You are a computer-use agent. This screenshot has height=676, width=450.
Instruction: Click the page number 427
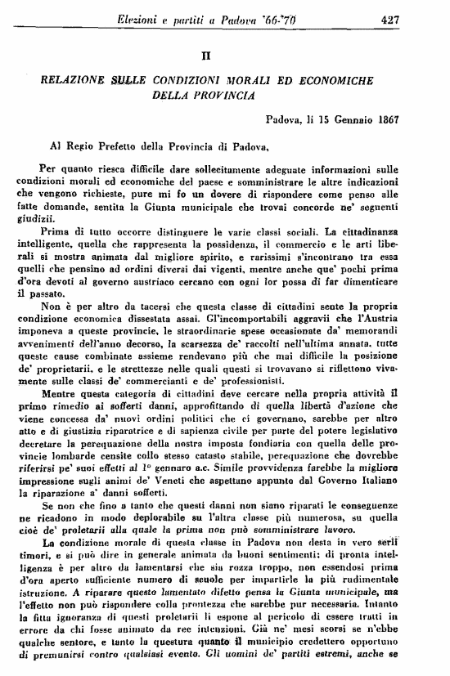pyautogui.click(x=387, y=19)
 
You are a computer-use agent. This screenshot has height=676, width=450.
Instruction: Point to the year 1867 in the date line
pyautogui.click(x=384, y=119)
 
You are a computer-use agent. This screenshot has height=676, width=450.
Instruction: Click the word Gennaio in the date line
pyautogui.click(x=339, y=119)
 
